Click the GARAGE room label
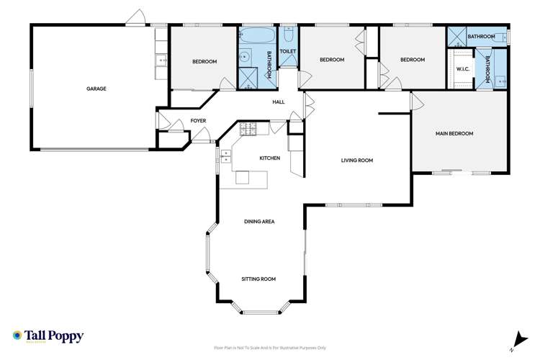coord(96,89)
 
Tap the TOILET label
coord(288,52)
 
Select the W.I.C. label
coord(463,70)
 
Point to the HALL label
coord(279,102)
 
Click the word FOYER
coord(198,120)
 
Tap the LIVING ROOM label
coord(356,160)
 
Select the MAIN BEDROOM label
coord(454,133)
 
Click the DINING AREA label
coord(258,221)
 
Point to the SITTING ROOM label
coord(258,279)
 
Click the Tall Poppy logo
coord(48,336)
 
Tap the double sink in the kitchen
coord(225,156)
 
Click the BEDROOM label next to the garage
coord(204,62)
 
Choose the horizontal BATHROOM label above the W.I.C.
coord(480,36)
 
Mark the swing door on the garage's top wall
coord(135,18)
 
